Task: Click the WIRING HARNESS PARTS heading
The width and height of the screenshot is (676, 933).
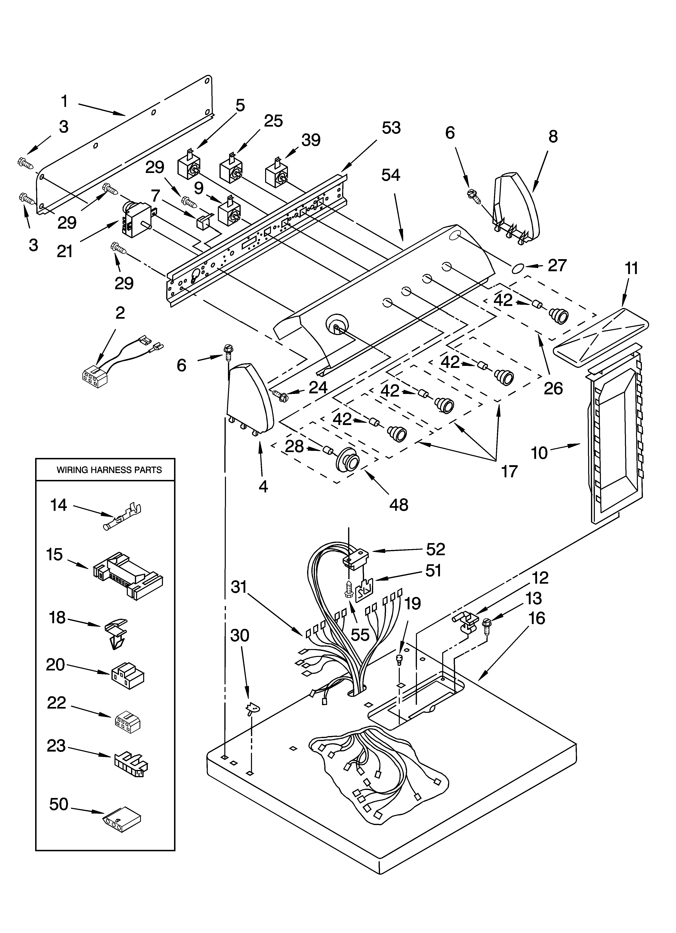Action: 109,470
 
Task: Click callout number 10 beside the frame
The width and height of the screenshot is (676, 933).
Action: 539,453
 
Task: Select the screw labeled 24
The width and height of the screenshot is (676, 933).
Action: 281,396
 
